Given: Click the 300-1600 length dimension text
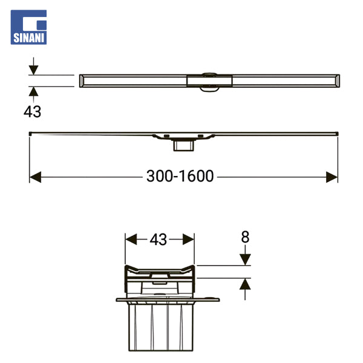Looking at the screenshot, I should coord(180,176).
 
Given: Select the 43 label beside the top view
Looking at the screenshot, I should coord(33,111).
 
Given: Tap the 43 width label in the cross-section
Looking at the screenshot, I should coord(159,240).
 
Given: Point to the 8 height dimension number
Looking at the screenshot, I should coord(245,237).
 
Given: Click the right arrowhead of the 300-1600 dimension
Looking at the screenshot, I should coord(332,177).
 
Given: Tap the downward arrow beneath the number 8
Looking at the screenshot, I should coord(245,258).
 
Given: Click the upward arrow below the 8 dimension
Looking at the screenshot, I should coord(245,285).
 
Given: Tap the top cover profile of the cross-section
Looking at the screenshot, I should coord(159,269).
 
